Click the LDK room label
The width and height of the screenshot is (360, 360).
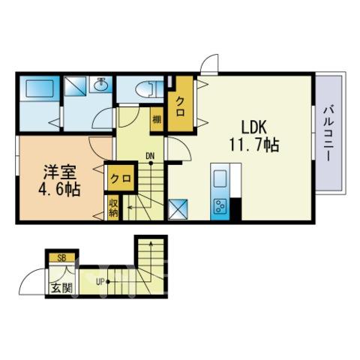(x=253, y=127)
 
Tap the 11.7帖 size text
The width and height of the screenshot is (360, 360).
(x=254, y=145)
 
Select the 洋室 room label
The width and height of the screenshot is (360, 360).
(x=59, y=172)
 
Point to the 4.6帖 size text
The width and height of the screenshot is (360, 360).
(x=59, y=190)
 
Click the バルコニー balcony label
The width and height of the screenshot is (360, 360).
(x=329, y=133)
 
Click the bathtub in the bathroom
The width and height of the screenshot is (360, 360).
(x=40, y=88)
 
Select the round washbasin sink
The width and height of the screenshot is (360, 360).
(x=101, y=85)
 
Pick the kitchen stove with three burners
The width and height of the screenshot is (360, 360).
(x=220, y=206)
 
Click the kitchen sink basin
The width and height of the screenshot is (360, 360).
(x=220, y=178)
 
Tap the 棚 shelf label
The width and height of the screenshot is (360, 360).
(x=157, y=120)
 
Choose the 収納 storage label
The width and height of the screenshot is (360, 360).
(x=113, y=208)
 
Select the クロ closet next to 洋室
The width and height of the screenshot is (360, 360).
(x=121, y=178)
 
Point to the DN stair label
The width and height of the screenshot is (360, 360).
(x=150, y=157)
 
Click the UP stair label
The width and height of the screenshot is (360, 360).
(x=100, y=283)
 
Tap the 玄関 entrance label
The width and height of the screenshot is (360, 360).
(x=61, y=288)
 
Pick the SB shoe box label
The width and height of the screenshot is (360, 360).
(x=61, y=258)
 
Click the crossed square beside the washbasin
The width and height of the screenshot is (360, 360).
(x=75, y=86)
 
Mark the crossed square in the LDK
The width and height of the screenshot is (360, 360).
(x=178, y=209)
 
